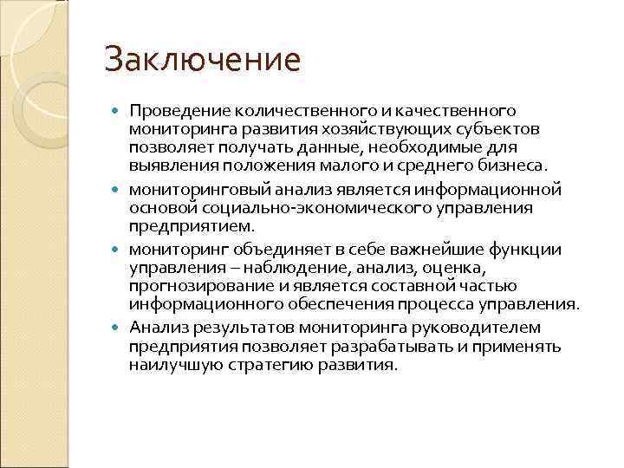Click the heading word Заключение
tap(202, 61)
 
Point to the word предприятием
tap(192, 225)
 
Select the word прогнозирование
tap(204, 286)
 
